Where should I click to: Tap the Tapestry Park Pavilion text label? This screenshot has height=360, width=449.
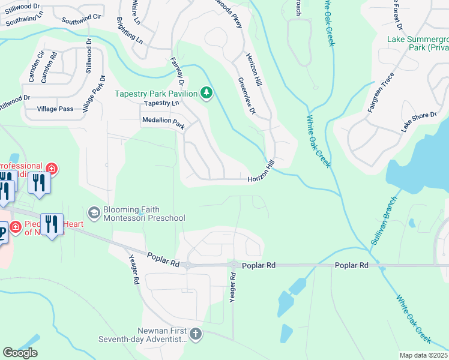pos(157,94)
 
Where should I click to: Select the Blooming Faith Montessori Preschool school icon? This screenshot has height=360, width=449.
pos(94,213)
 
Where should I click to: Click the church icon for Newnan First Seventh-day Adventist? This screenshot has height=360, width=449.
pos(195,334)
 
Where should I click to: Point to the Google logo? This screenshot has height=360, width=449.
pos(20,353)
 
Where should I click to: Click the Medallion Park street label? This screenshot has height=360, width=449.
pos(163,122)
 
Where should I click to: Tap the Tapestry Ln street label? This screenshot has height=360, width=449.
pos(162,103)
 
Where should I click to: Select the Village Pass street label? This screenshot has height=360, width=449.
pos(55,109)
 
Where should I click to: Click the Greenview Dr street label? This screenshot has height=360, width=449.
pos(247,96)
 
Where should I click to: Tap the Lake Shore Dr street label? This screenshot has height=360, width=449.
pos(418,121)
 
